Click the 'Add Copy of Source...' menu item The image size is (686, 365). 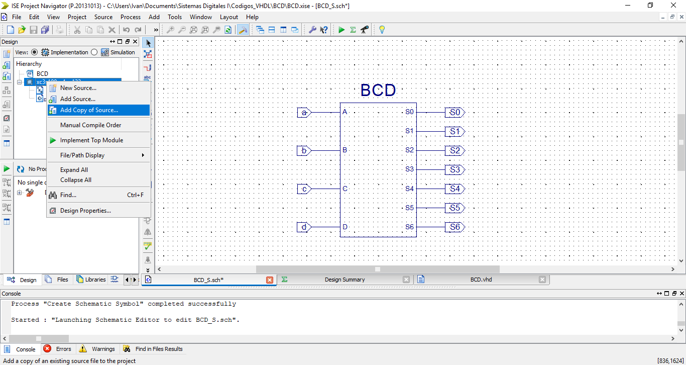(89, 110)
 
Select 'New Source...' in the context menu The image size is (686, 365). (78, 88)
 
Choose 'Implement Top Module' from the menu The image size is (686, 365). (91, 140)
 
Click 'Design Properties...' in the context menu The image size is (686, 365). (85, 211)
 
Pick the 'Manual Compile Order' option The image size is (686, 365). (90, 125)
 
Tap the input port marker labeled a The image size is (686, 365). (304, 113)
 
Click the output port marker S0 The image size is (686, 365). (454, 113)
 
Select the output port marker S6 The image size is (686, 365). (454, 227)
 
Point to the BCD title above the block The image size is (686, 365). (378, 90)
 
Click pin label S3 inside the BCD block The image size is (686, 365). (409, 169)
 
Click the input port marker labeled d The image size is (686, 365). (304, 227)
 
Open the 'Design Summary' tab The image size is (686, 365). (345, 280)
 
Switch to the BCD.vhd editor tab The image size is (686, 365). (481, 280)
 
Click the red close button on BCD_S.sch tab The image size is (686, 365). (270, 280)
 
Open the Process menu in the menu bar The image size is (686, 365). (131, 17)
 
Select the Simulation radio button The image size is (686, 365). (94, 52)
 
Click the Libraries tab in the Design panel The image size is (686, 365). (91, 280)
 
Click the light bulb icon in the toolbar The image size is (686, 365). (382, 30)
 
